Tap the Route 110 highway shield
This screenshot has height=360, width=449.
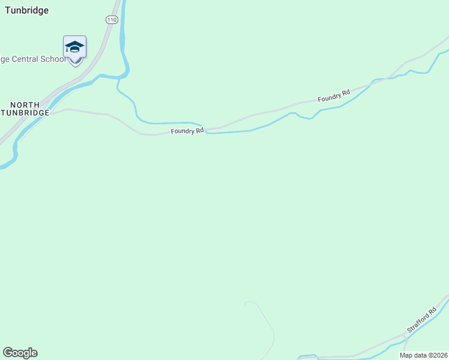(x=111, y=20)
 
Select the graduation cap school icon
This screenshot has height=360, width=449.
(x=74, y=46)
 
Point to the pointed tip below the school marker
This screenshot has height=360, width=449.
(x=75, y=65)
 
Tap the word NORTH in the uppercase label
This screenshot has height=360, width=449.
(x=25, y=105)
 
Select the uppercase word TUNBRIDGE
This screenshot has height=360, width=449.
(x=25, y=113)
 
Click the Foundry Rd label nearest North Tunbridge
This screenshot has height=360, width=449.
(x=187, y=131)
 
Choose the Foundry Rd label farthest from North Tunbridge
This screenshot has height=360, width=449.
(x=334, y=95)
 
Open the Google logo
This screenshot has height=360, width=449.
(x=20, y=353)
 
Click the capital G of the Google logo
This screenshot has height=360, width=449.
(x=8, y=352)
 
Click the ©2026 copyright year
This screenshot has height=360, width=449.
(x=440, y=355)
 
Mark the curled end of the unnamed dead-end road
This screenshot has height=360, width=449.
(x=246, y=303)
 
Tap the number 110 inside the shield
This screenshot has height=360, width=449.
(x=111, y=20)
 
